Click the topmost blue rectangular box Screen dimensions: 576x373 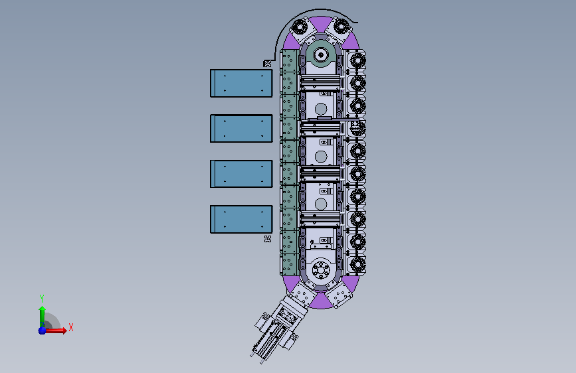tap(241, 84)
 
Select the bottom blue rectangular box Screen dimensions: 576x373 tap(241, 219)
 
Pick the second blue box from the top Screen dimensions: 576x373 tap(241, 129)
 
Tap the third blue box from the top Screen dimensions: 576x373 tap(241, 174)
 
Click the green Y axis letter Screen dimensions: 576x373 tap(42, 298)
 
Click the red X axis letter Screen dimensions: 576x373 tap(71, 327)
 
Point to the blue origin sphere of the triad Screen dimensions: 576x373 tap(43, 331)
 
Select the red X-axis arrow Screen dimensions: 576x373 tap(54, 331)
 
